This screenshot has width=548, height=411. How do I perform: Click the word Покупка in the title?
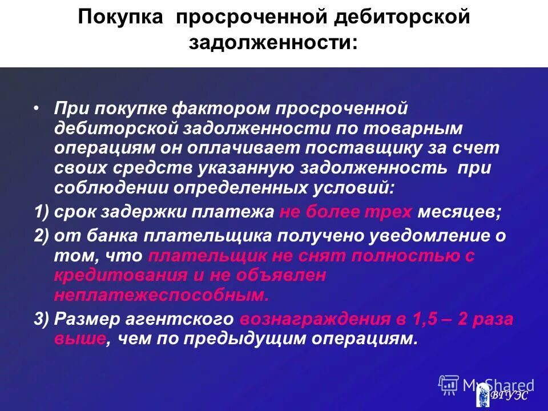122,17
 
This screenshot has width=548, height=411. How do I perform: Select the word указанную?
246,169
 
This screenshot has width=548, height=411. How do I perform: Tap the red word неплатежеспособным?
161,295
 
